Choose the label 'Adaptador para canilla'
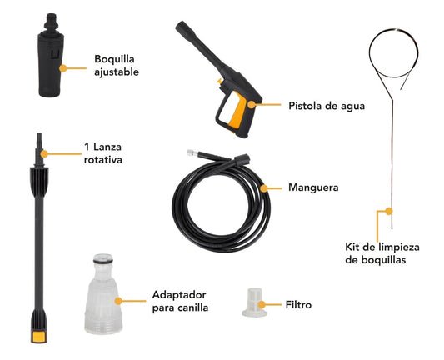(178, 302)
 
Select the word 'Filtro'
(297, 305)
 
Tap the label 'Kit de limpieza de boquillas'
(387, 253)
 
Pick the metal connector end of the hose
(192, 155)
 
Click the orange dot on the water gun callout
(252, 105)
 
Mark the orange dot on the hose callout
(264, 188)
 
